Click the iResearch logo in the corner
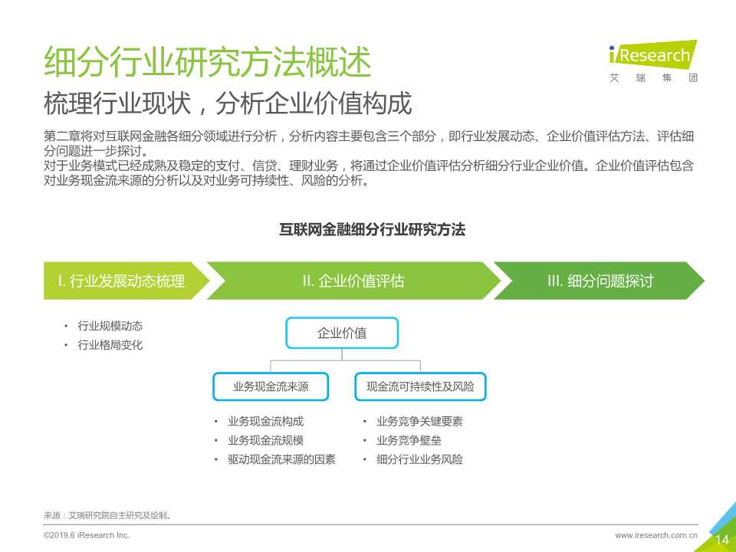coord(652,61)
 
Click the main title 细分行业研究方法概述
coord(208,63)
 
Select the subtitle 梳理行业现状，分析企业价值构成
coord(228,103)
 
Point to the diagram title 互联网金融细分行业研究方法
coord(372,229)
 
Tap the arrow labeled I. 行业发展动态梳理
coord(122,281)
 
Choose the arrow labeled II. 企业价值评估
coord(353,281)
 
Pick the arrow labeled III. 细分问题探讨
coord(599,281)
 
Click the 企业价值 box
coord(342,333)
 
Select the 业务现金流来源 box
coord(271,387)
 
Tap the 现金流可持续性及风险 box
coord(420,387)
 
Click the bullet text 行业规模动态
coord(110,326)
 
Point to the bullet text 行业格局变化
coord(110,345)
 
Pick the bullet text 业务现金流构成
coord(265,422)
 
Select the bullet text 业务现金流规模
coord(265,441)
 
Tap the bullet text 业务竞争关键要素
coord(419,422)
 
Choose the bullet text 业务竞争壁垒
coord(409,441)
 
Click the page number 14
coord(721,540)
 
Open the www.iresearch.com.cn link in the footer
coord(656,534)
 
